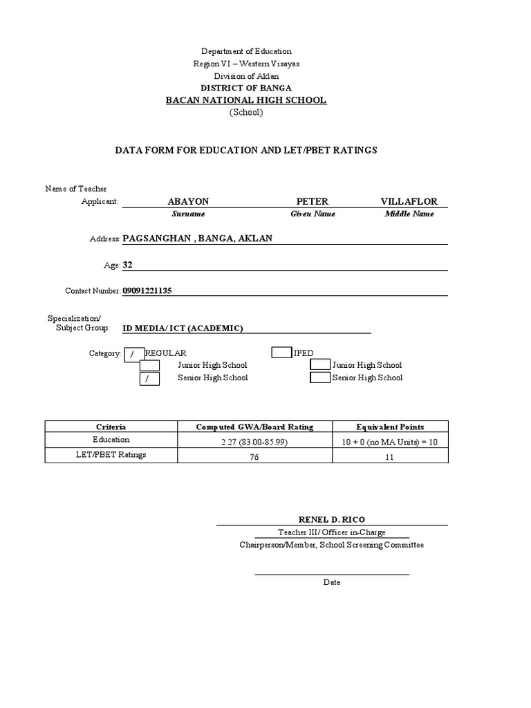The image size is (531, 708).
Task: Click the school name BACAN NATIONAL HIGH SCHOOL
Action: click(x=245, y=100)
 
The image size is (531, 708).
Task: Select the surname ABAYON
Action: click(x=188, y=201)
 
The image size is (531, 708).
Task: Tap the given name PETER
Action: click(x=312, y=201)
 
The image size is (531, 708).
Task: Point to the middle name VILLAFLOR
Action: click(x=409, y=201)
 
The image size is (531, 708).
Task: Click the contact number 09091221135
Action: click(x=147, y=291)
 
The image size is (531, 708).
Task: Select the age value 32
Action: click(x=127, y=265)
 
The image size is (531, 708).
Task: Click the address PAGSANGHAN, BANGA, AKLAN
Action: click(x=197, y=239)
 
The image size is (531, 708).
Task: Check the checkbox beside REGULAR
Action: click(x=132, y=353)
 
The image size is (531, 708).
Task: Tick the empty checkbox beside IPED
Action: click(x=281, y=353)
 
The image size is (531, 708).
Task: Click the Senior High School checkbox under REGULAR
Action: click(x=149, y=378)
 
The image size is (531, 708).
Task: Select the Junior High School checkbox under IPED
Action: click(x=320, y=365)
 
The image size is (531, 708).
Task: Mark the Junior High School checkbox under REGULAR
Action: click(x=149, y=366)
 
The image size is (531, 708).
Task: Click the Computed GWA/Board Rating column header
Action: click(x=254, y=427)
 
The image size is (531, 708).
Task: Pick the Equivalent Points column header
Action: click(x=390, y=427)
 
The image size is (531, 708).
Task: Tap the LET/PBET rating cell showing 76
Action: click(x=254, y=457)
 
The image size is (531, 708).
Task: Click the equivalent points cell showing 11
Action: click(x=390, y=457)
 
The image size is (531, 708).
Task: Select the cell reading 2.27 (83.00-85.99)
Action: click(x=254, y=442)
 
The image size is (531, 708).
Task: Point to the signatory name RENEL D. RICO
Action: click(x=331, y=519)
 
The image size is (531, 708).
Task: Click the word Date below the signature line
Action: click(x=332, y=582)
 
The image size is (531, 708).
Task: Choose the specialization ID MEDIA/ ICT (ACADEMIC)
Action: click(x=183, y=328)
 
